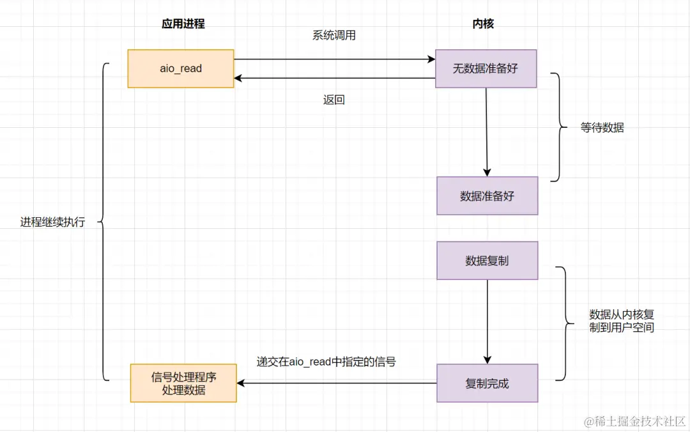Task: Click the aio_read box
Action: coord(181,68)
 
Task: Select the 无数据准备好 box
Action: coord(486,68)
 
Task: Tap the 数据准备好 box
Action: coord(487,196)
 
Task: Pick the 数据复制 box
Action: coord(487,261)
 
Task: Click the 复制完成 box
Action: coord(487,383)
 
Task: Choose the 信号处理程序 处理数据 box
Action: coord(183,383)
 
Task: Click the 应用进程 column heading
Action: coord(183,24)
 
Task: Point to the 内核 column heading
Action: coord(483,24)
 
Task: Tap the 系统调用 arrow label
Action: coord(333,36)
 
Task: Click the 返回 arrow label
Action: coord(334,100)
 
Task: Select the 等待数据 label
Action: coord(602,128)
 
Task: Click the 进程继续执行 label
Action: coord(52,222)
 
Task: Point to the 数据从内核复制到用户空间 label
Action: coord(621,321)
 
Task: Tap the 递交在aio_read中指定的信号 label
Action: coord(326,362)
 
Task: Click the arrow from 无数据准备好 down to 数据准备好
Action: coord(486,132)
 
